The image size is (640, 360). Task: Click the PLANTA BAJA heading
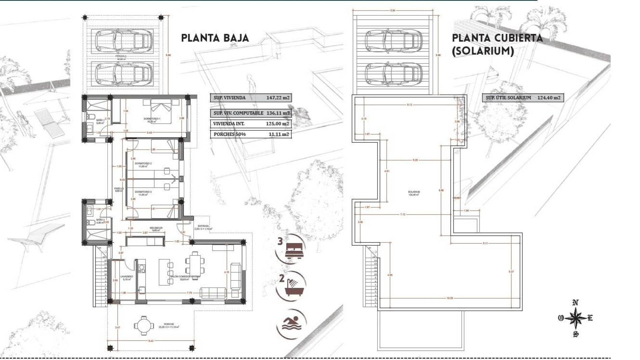(x=215, y=38)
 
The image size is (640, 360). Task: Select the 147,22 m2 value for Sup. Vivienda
(x=278, y=98)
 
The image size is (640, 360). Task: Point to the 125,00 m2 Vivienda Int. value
(x=278, y=124)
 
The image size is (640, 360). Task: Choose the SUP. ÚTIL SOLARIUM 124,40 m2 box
(x=523, y=98)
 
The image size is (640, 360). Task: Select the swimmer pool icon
(x=291, y=323)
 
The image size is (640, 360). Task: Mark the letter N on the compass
(x=575, y=303)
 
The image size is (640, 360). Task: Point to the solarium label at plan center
(x=414, y=192)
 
